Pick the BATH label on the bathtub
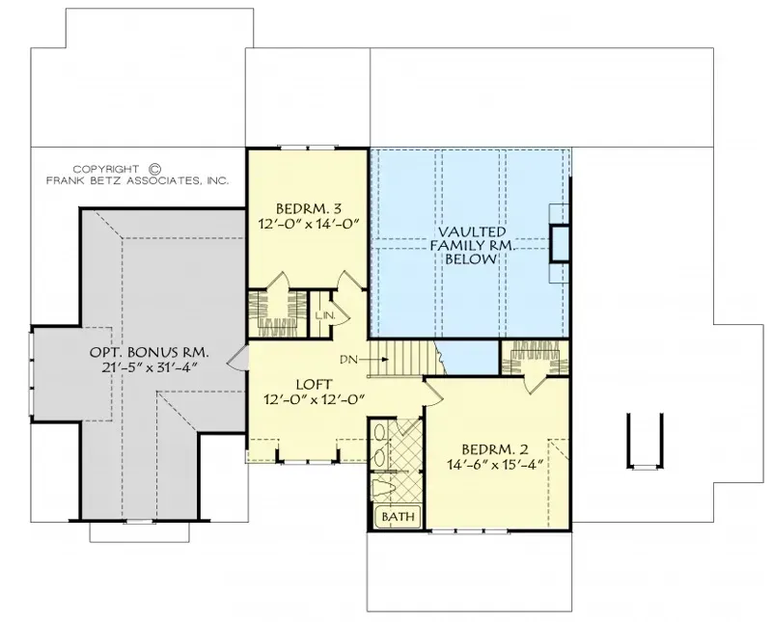tap(397, 518)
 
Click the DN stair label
tap(349, 360)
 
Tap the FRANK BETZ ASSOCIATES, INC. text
tap(137, 180)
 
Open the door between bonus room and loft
tap(236, 360)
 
